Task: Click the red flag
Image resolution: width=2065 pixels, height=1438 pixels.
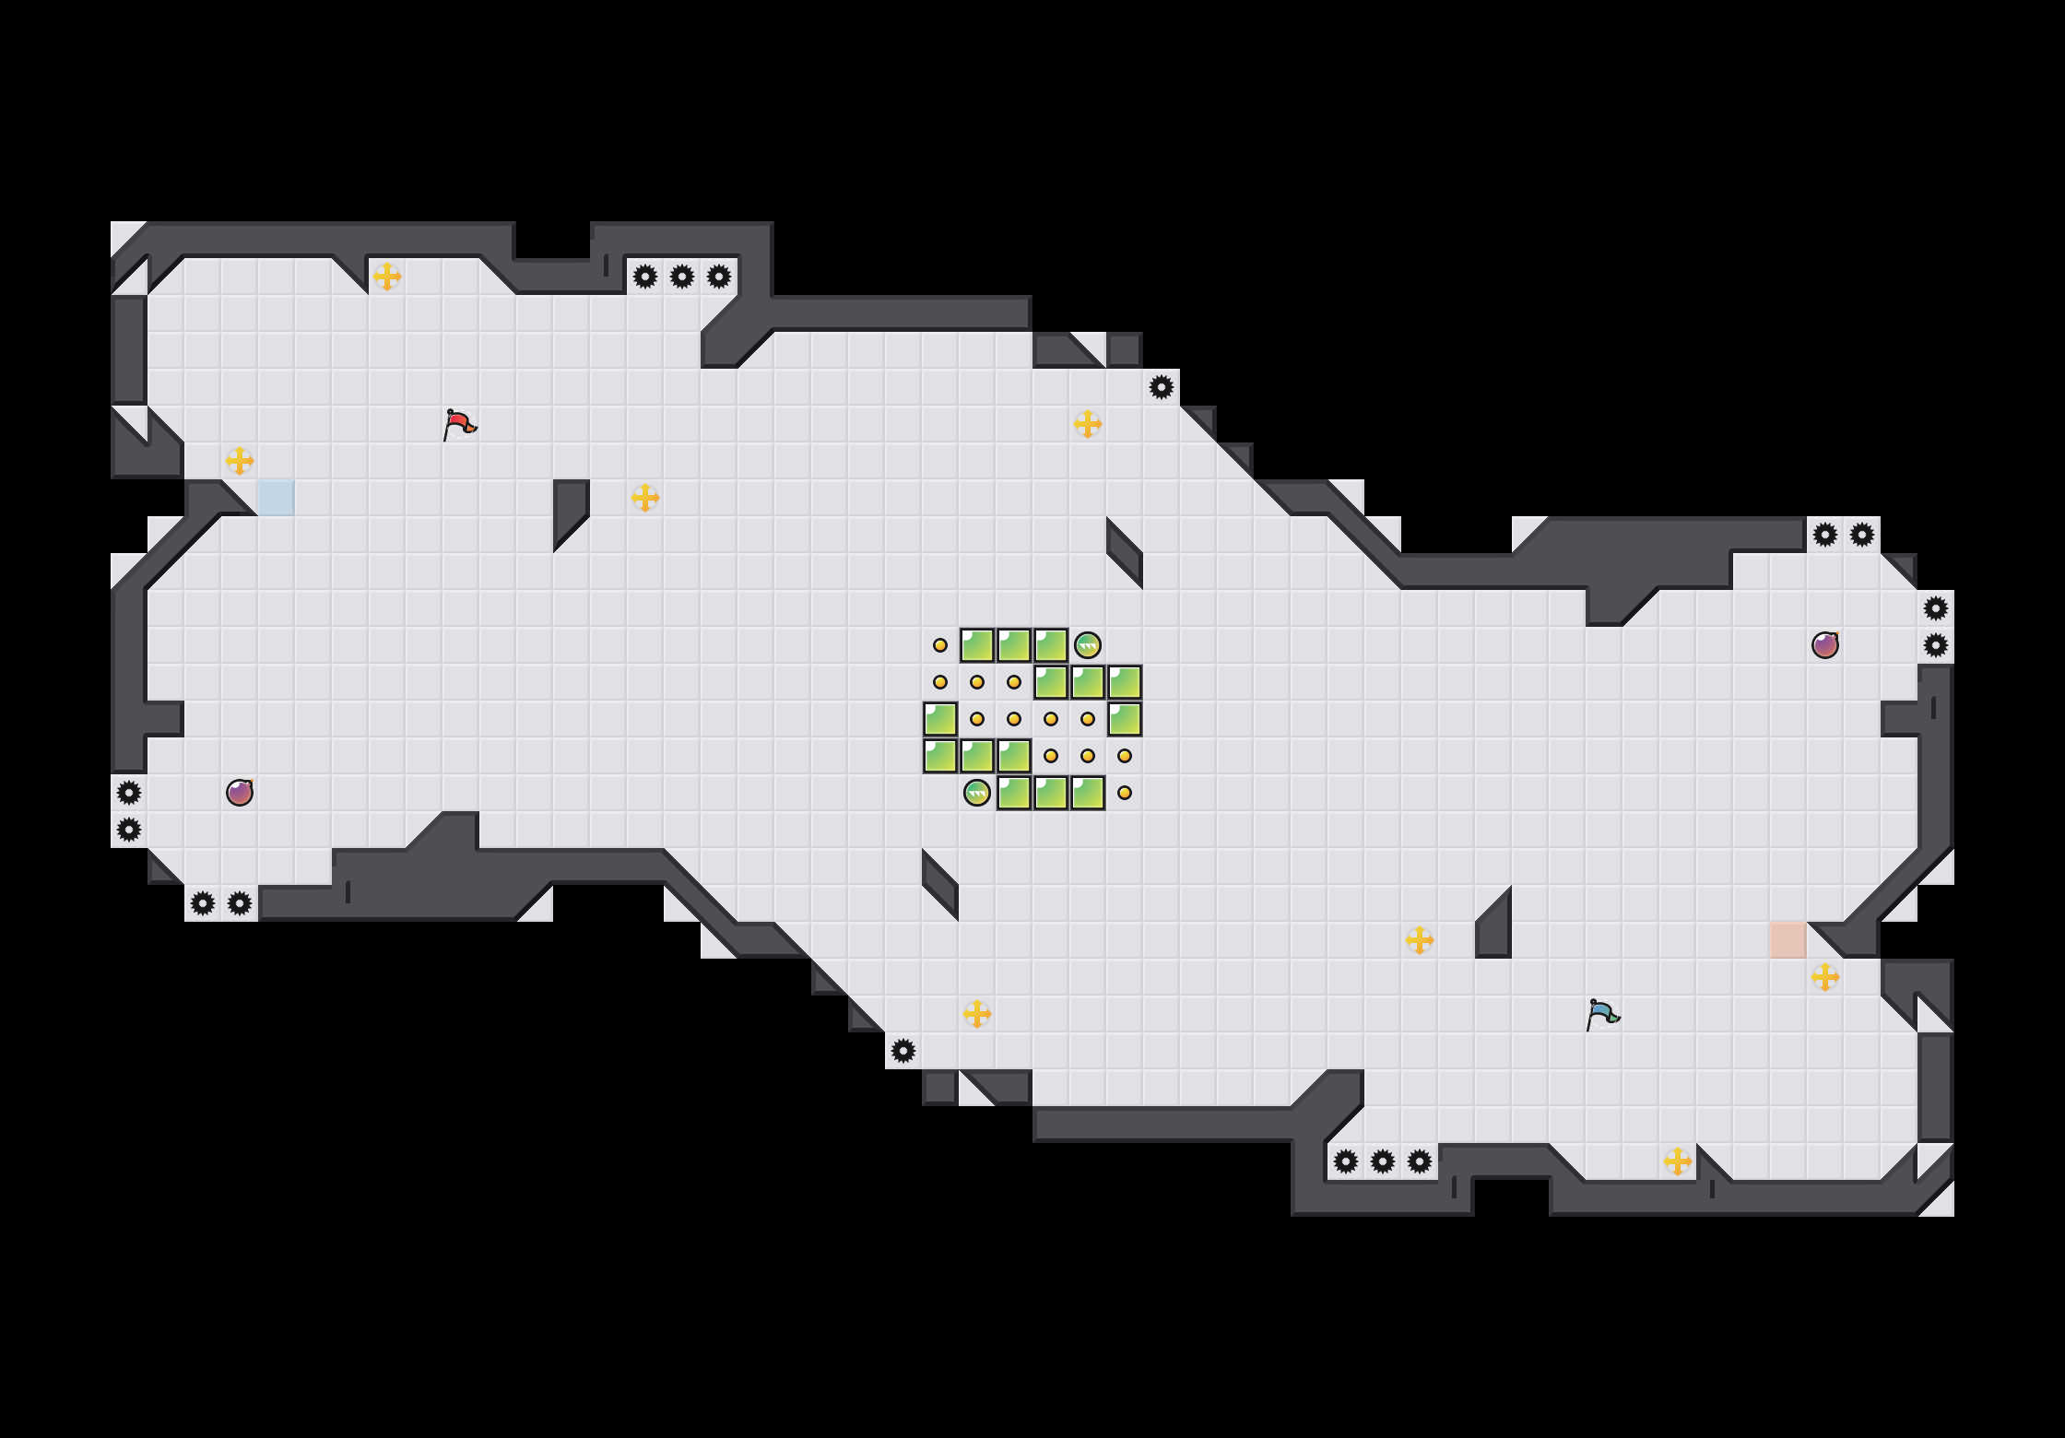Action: [x=459, y=424]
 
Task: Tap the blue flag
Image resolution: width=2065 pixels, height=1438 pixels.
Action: [x=1602, y=1014]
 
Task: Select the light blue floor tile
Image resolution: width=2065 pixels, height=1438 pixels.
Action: [x=277, y=498]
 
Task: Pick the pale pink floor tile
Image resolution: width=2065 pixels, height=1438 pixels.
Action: [x=1788, y=940]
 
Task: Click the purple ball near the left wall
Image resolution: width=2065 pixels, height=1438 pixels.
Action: [x=240, y=793]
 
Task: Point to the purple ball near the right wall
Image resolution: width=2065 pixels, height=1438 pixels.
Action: [x=1825, y=645]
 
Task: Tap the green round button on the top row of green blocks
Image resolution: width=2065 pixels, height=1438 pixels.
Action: [x=1088, y=645]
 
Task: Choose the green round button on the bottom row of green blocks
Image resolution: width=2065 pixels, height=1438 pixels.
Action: [x=977, y=793]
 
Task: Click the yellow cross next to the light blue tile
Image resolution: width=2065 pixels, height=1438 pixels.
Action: [x=240, y=461]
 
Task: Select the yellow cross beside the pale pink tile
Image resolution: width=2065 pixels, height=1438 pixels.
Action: [x=1825, y=977]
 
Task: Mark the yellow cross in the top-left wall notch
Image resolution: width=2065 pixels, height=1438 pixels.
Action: [x=387, y=277]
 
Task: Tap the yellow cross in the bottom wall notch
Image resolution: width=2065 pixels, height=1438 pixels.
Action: [x=1678, y=1161]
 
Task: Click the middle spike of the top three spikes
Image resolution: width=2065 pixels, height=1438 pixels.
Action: [x=682, y=277]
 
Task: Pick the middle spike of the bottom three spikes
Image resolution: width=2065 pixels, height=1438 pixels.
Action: [x=1383, y=1161]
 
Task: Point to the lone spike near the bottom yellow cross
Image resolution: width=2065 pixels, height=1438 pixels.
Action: [x=903, y=1051]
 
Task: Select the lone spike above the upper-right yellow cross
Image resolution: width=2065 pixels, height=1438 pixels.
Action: [x=1162, y=387]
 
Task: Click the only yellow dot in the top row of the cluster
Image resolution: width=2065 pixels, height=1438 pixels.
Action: [x=940, y=645]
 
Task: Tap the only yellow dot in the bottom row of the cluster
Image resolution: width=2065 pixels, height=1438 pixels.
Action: [x=1125, y=793]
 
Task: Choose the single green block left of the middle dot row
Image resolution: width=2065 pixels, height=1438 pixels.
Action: [x=940, y=719]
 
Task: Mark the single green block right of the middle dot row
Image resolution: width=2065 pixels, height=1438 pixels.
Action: [x=1125, y=719]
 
